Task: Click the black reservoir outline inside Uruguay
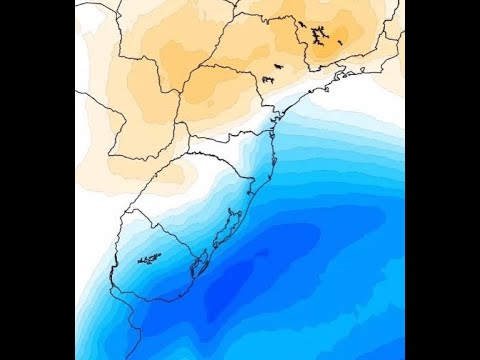point(149,260)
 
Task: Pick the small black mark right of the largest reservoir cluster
point(340,42)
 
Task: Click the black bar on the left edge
point(37,180)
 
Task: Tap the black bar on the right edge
point(442,180)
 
